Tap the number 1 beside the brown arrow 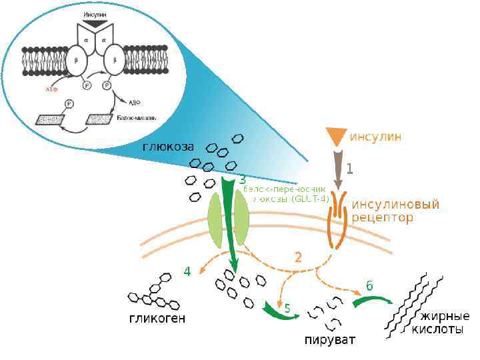coord(349,169)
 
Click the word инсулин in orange coord(376,137)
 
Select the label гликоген coord(157,319)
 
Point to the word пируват coord(330,341)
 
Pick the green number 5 coord(287,309)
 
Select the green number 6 coord(369,285)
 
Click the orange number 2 coord(299,257)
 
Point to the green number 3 coord(242,179)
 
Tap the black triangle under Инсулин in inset coord(95,23)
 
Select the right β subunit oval coord(115,59)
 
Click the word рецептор coord(383,217)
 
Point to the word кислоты coord(437,329)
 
